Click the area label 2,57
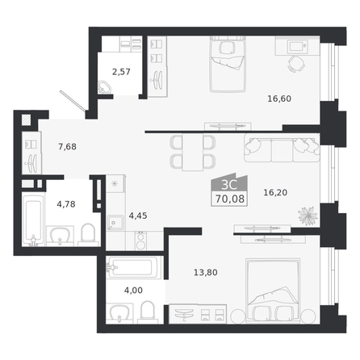[x=121, y=72]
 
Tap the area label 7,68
[x=67, y=147]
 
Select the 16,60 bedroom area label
[x=279, y=98]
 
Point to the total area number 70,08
[x=230, y=199]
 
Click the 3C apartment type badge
[x=229, y=185]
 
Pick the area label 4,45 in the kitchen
[x=138, y=216]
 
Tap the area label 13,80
[x=206, y=272]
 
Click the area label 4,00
[x=133, y=290]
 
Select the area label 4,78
[x=66, y=204]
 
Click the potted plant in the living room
[x=308, y=216]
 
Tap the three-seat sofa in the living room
[x=282, y=148]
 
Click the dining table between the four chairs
[x=192, y=152]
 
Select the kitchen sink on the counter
[x=115, y=223]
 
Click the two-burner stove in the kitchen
[x=140, y=241]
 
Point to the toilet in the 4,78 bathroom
[x=88, y=235]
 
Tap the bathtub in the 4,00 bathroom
[x=134, y=267]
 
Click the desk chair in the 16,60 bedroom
[x=296, y=65]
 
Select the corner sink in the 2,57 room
[x=105, y=87]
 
